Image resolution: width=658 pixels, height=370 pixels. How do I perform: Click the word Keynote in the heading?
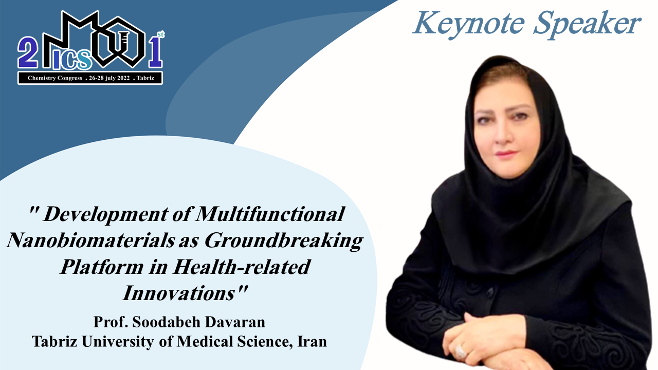pyautogui.click(x=469, y=24)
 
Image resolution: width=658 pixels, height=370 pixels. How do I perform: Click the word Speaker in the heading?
pyautogui.click(x=587, y=24)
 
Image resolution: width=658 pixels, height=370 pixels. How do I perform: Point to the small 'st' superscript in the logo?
pyautogui.click(x=161, y=34)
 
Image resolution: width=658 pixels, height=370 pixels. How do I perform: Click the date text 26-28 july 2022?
pyautogui.click(x=109, y=78)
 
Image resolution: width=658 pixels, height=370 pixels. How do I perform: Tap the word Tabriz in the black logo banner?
pyautogui.click(x=145, y=78)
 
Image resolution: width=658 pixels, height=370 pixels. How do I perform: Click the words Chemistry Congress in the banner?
pyautogui.click(x=55, y=78)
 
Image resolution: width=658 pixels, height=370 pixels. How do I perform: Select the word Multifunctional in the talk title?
pyautogui.click(x=270, y=214)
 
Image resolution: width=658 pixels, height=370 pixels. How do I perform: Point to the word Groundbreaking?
pyautogui.click(x=284, y=242)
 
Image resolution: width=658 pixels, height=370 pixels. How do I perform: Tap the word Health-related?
pyautogui.click(x=242, y=267)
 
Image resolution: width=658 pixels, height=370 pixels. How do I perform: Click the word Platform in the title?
pyautogui.click(x=102, y=267)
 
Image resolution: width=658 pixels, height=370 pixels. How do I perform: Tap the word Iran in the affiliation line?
pyautogui.click(x=312, y=342)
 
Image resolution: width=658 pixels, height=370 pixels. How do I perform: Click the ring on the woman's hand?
pyautogui.click(x=460, y=351)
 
